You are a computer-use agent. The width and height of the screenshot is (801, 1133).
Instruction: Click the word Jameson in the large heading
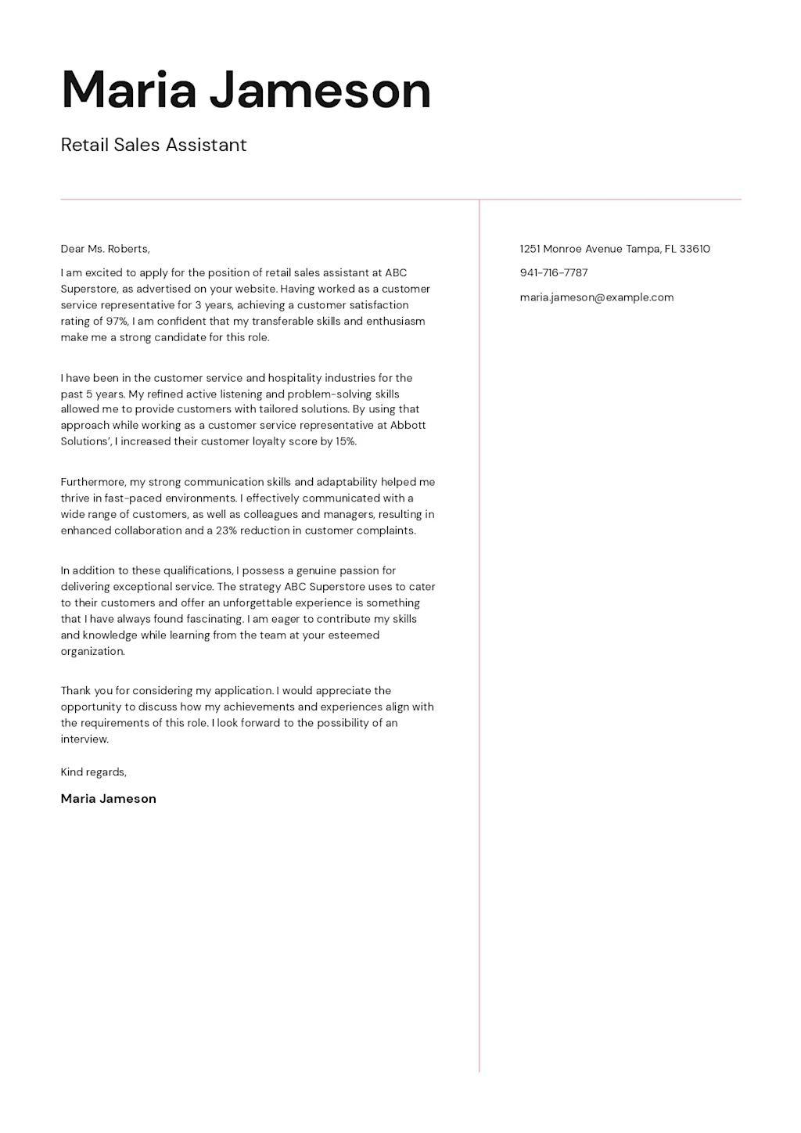pyautogui.click(x=320, y=91)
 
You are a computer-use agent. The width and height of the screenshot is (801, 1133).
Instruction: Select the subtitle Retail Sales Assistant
pyautogui.click(x=153, y=145)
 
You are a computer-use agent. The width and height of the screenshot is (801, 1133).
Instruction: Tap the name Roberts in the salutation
pyautogui.click(x=128, y=249)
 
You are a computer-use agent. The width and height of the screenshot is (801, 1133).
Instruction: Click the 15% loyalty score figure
pyautogui.click(x=345, y=441)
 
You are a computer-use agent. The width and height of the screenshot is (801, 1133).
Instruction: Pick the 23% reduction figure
pyautogui.click(x=226, y=531)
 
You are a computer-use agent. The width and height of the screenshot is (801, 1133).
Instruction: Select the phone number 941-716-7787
pyautogui.click(x=553, y=273)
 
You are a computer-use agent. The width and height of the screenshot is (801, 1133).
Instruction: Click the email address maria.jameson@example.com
pyautogui.click(x=596, y=297)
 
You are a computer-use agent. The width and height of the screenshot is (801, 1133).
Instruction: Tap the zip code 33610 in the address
pyautogui.click(x=695, y=249)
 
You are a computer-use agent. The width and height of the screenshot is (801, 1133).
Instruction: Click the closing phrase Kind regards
pyautogui.click(x=93, y=772)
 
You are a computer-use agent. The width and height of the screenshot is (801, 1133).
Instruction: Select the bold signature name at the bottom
pyautogui.click(x=108, y=799)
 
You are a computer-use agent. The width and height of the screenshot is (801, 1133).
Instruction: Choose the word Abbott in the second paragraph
pyautogui.click(x=408, y=426)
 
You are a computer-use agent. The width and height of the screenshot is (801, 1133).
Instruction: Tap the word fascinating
pyautogui.click(x=214, y=619)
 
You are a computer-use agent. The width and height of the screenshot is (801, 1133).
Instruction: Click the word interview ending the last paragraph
pyautogui.click(x=84, y=739)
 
